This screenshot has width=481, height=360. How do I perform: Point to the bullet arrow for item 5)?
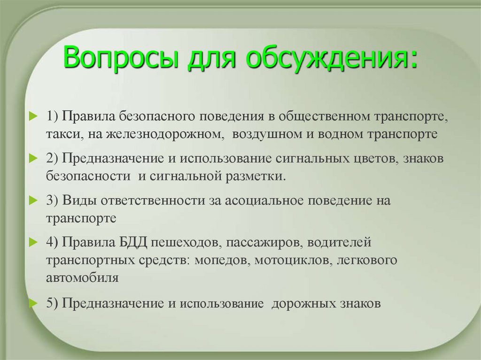click(x=32, y=303)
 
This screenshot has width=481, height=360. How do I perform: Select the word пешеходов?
click(x=186, y=243)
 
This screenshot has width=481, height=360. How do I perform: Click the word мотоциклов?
click(x=294, y=260)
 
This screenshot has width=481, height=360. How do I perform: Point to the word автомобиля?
click(x=82, y=277)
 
